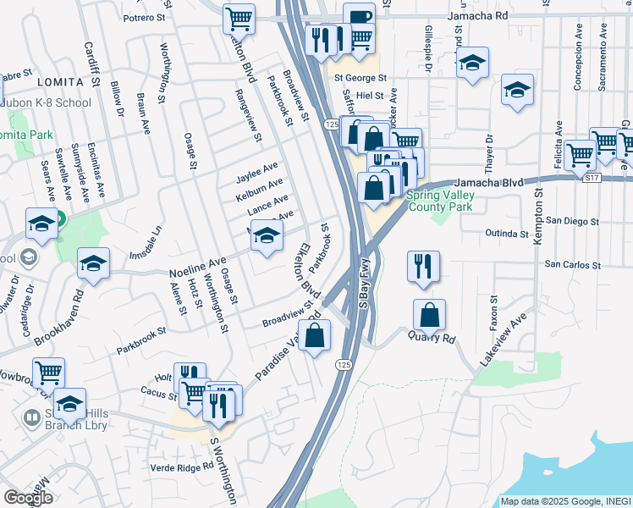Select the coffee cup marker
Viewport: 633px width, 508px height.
pyautogui.click(x=359, y=19)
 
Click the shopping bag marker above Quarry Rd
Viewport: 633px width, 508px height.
pyautogui.click(x=430, y=315)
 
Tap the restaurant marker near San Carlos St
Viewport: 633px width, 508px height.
pyautogui.click(x=421, y=266)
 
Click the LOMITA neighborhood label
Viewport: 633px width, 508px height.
pyautogui.click(x=61, y=81)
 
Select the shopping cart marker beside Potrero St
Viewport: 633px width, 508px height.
pyautogui.click(x=239, y=19)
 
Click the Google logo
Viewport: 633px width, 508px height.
pyautogui.click(x=28, y=498)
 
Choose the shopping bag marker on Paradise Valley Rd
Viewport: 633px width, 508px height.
pyautogui.click(x=314, y=335)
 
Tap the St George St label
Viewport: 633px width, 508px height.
pyautogui.click(x=360, y=78)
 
